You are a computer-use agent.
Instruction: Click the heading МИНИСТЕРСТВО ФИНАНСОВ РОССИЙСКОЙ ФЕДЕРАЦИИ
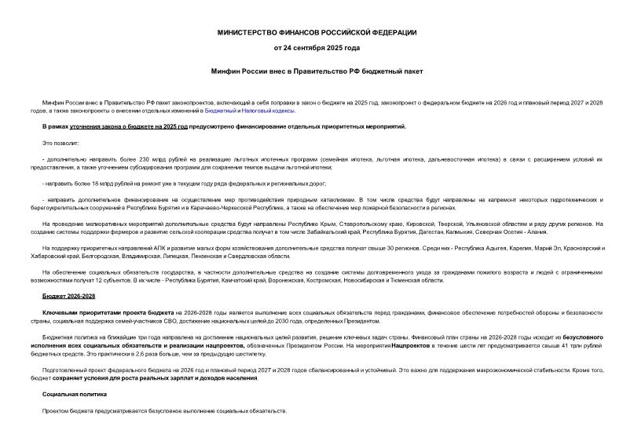[x=317, y=31]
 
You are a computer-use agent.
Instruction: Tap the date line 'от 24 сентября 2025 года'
[x=317, y=48]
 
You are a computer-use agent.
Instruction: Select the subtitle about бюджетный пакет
[x=317, y=71]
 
